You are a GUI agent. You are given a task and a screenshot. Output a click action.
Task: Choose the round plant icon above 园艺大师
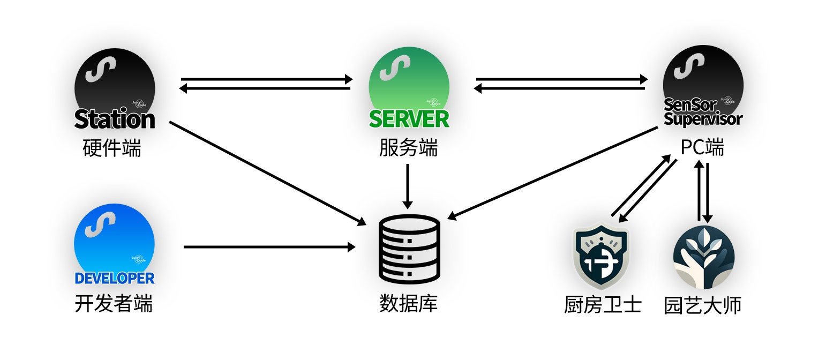pyautogui.click(x=703, y=257)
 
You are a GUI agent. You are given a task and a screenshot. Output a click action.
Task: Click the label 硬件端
pyautogui.click(x=112, y=148)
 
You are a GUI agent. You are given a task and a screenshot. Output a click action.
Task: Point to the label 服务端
pyautogui.click(x=408, y=148)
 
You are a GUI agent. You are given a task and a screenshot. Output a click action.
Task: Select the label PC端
pyautogui.click(x=702, y=147)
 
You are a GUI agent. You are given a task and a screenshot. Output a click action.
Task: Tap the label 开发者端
pyautogui.click(x=114, y=304)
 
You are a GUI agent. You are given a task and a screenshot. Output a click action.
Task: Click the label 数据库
pyautogui.click(x=408, y=304)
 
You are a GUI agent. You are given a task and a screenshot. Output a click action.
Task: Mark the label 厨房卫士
pyautogui.click(x=603, y=305)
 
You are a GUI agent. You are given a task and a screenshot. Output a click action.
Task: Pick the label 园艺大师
pyautogui.click(x=703, y=305)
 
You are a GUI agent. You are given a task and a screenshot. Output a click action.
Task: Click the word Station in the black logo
pyautogui.click(x=115, y=119)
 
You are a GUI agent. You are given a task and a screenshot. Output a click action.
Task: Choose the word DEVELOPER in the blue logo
pyautogui.click(x=114, y=279)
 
